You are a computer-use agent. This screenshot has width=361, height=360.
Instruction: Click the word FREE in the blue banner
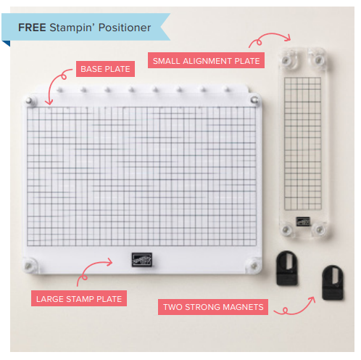[x=32, y=28]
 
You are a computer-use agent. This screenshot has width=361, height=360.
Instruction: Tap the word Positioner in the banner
[x=125, y=28]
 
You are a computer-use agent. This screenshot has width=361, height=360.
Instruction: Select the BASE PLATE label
[x=105, y=69]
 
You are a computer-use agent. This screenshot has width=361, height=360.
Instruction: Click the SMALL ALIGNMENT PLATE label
[x=206, y=60]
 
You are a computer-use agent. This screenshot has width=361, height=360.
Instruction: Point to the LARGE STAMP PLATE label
[x=79, y=298]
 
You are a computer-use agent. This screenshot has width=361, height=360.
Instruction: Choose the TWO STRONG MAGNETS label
[x=213, y=307]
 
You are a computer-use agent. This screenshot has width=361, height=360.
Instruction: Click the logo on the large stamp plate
[x=142, y=260]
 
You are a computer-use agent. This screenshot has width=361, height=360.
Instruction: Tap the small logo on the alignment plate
[x=303, y=221]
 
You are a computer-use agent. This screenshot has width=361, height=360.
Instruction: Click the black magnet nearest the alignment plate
[x=287, y=268]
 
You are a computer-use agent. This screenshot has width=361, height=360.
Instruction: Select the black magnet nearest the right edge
[x=333, y=282]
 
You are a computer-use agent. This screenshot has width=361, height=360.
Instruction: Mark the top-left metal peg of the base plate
[x=30, y=100]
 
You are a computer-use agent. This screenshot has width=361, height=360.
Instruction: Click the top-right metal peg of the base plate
[x=254, y=99]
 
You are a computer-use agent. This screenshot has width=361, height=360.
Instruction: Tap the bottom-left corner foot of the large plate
[x=29, y=266]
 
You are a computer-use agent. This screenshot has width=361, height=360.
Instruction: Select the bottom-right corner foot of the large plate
[x=254, y=266]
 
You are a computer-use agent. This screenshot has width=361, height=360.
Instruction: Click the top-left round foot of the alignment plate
[x=286, y=60]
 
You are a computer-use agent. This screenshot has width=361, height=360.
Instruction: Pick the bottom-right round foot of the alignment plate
[x=319, y=229]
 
